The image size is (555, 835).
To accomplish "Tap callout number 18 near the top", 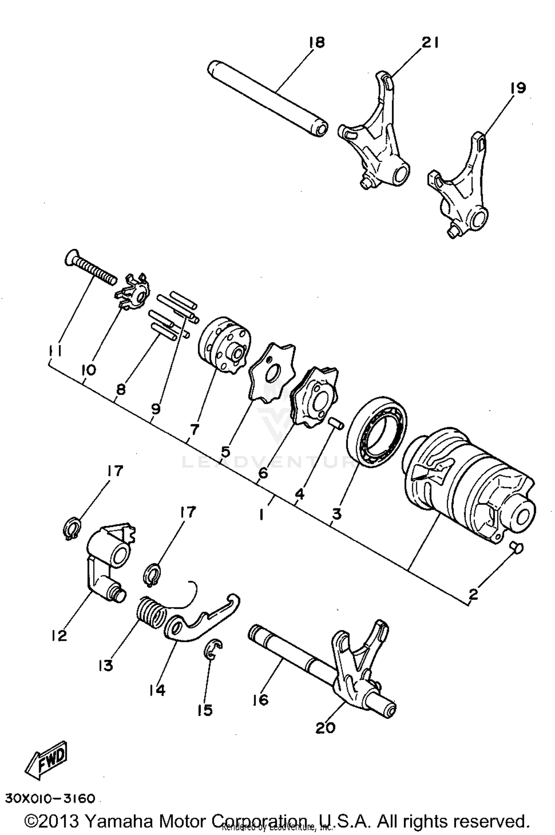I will (317, 43).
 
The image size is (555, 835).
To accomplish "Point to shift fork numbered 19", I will (462, 185).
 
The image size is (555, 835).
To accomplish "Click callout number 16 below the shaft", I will (260, 700).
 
